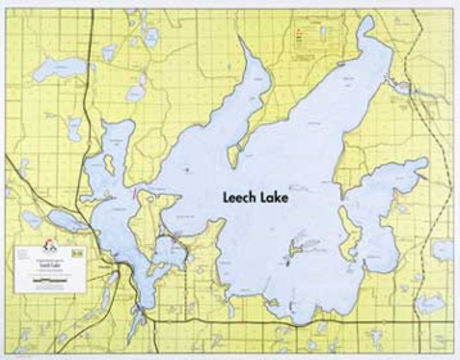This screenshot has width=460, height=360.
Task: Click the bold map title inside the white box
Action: (49, 265)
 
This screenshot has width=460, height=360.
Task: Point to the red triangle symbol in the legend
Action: (297, 32)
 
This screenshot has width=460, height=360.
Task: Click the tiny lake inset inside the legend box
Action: (323, 31)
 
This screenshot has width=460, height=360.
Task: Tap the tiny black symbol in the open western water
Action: (188, 170)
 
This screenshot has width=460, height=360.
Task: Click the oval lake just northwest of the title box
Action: (32, 220)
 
